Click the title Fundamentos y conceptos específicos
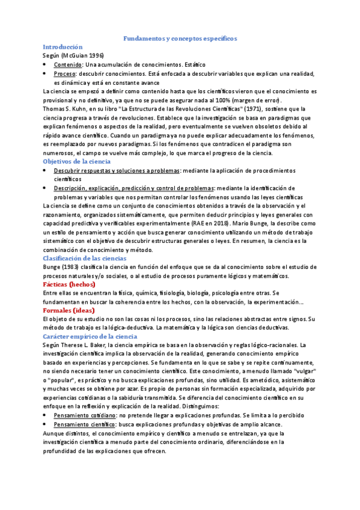pyautogui.click(x=180, y=38)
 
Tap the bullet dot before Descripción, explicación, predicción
pyautogui.click(x=47, y=188)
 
